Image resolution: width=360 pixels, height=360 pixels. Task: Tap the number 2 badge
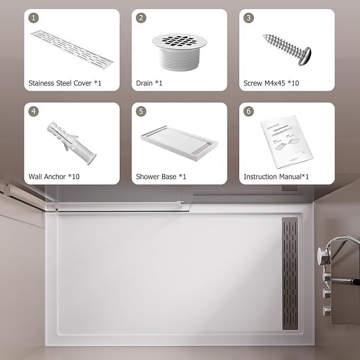pyautogui.click(x=141, y=18)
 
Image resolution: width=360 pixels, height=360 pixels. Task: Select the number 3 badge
pyautogui.click(x=249, y=18)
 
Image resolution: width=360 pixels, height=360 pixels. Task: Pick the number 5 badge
pyautogui.click(x=141, y=111)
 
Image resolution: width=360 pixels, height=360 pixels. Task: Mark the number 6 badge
pyautogui.click(x=249, y=111)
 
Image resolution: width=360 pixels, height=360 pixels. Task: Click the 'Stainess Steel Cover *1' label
pyautogui.click(x=65, y=83)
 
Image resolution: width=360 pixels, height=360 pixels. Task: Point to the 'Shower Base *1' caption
pyautogui.click(x=161, y=177)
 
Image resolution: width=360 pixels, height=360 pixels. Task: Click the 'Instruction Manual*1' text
pyautogui.click(x=276, y=177)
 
